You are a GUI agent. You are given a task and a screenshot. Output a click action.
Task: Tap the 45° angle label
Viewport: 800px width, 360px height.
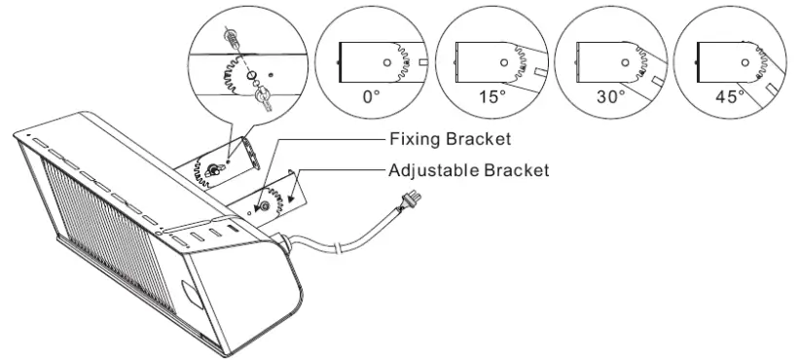[729, 99]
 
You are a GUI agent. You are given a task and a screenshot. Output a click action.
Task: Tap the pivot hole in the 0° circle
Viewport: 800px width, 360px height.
[386, 60]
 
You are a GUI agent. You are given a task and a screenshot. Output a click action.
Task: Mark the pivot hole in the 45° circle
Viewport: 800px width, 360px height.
[745, 60]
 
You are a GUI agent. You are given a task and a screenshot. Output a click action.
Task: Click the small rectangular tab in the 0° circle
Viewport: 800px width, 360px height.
[423, 61]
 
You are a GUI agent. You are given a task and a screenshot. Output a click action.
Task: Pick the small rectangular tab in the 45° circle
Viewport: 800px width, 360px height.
[771, 90]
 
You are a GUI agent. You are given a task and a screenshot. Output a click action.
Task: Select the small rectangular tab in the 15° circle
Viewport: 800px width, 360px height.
[541, 71]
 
